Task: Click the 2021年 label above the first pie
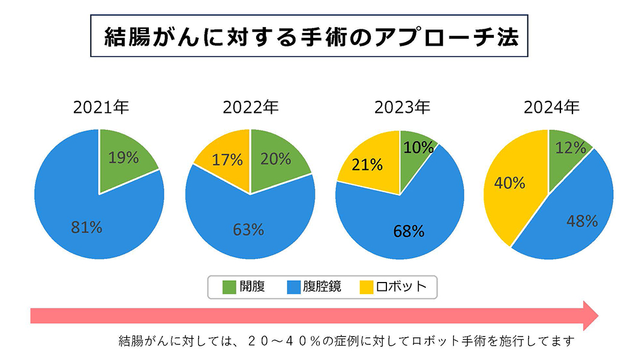pos(101,109)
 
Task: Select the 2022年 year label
pos(250,109)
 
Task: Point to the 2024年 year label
pos(551,109)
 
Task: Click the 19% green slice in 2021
pos(124,158)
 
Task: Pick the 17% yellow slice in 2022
pos(227,160)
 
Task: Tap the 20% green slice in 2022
pos(276,159)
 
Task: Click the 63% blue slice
pos(248,229)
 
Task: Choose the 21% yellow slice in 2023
pos(368,165)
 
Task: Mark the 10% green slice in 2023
pos(418,147)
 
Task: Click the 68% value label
pos(409,231)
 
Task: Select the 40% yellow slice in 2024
pos(509,182)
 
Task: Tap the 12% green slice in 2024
pos(570,147)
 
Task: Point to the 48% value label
pos(582,221)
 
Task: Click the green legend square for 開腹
pos(229,287)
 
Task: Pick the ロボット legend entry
pos(401,287)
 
